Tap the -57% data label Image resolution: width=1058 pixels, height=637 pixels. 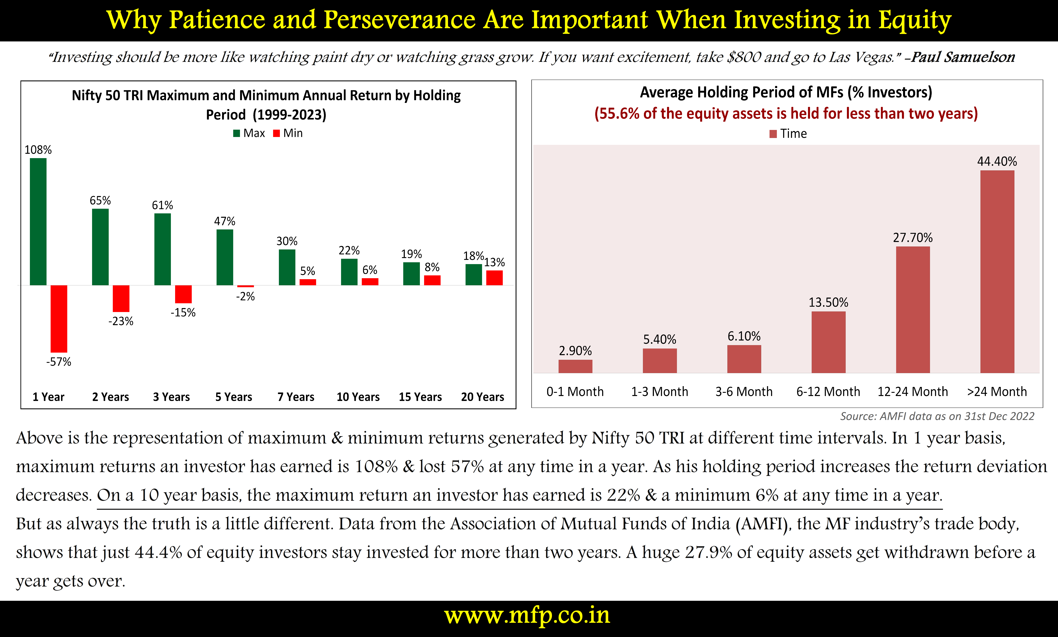[x=59, y=362]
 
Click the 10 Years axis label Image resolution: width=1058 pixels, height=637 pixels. [x=358, y=397]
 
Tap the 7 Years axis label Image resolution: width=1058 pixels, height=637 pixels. [x=296, y=397]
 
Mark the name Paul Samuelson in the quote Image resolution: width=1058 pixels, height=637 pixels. [x=963, y=57]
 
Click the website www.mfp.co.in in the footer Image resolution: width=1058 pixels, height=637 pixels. [x=527, y=616]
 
